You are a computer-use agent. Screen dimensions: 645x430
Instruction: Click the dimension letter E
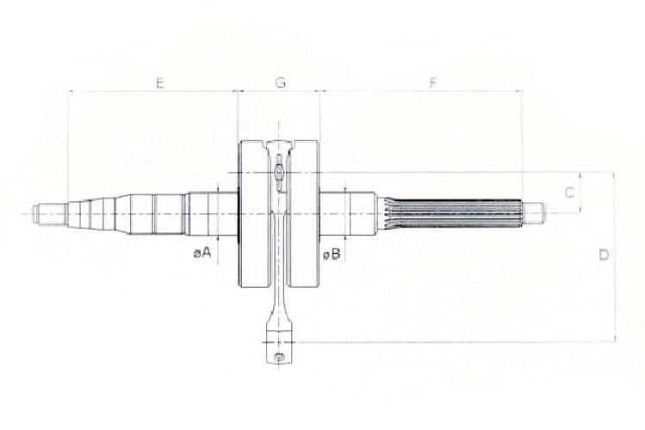tap(160, 83)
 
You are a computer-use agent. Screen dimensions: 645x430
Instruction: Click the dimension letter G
tap(280, 83)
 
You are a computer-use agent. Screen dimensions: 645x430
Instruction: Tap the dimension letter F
tap(433, 83)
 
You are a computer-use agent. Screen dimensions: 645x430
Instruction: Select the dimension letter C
tap(570, 192)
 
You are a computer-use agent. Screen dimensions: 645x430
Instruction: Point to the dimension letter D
tap(604, 255)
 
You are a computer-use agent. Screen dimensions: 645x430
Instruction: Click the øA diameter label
tap(202, 253)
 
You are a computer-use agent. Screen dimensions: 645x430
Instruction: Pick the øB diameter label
tap(332, 255)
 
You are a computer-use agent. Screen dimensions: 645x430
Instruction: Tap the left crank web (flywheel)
tap(254, 214)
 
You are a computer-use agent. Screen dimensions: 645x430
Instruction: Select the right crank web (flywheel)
tap(304, 214)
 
